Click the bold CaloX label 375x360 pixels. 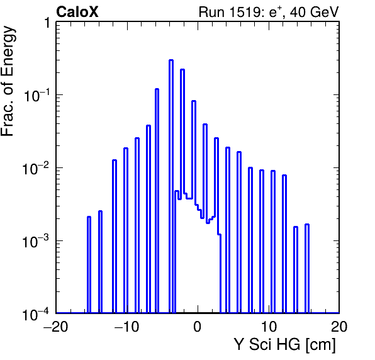pyautogui.click(x=77, y=12)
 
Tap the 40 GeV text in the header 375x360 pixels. pyautogui.click(x=314, y=12)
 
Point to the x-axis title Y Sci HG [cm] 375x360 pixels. pyautogui.click(x=284, y=345)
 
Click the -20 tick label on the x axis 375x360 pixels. pyautogui.click(x=56, y=326)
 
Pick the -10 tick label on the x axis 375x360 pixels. pyautogui.click(x=126, y=326)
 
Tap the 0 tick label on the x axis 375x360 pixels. pyautogui.click(x=198, y=326)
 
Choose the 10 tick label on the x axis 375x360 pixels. pyautogui.click(x=269, y=326)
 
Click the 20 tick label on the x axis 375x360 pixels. pyautogui.click(x=339, y=326)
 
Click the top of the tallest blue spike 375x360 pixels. pyautogui.click(x=171, y=60)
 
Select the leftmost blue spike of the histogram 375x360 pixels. pyautogui.click(x=89, y=264)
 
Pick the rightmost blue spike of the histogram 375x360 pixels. pyautogui.click(x=307, y=268)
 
